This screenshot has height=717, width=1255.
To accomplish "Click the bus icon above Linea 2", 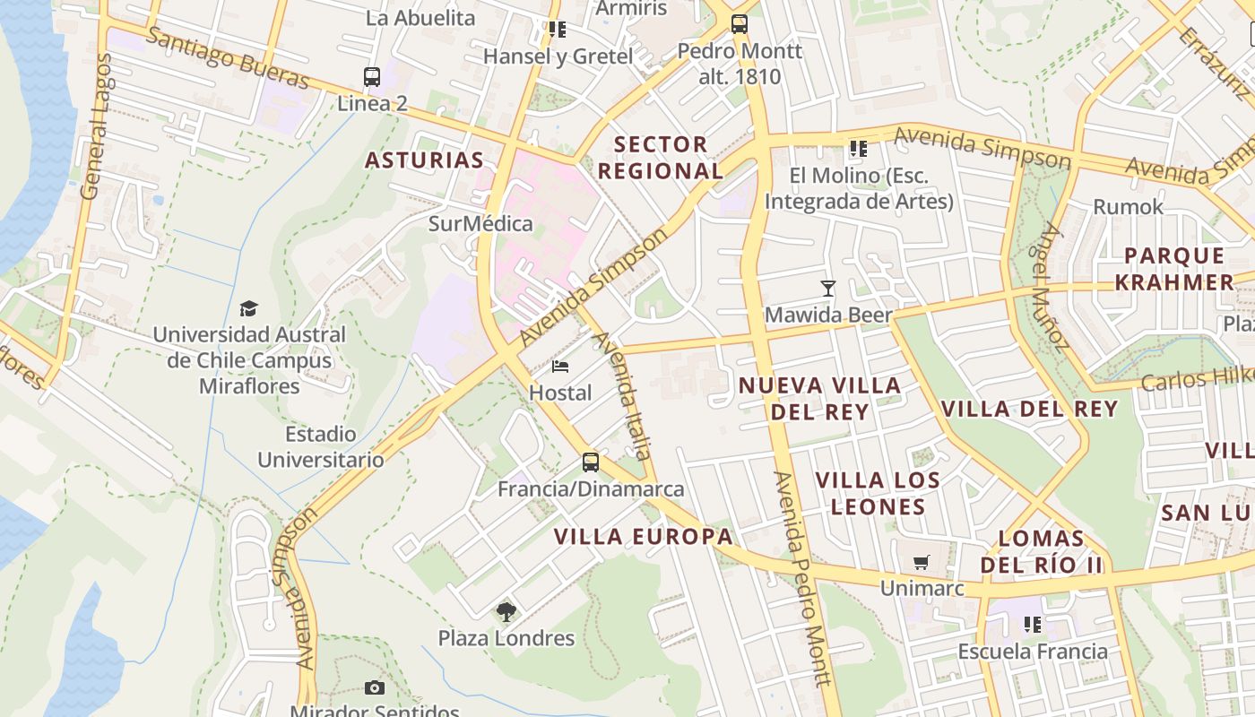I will coord(372,77).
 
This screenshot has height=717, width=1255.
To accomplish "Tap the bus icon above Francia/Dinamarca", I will coord(590,462).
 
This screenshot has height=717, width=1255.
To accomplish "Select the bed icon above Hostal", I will coord(560,367).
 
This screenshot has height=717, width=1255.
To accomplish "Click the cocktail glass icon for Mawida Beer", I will coord(828,289).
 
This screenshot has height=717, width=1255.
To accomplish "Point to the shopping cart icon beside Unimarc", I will coord(921,563).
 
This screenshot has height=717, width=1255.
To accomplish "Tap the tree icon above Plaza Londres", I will coord(506,612).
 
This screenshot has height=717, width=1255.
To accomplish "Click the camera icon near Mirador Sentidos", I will coord(375,688).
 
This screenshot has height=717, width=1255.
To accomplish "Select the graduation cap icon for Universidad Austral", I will coord(248,308).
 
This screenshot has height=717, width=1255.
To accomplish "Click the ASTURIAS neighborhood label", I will coord(424,160).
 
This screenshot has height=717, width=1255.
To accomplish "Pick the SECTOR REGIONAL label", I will coord(661,157).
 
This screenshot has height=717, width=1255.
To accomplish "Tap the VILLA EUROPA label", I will coord(643,537).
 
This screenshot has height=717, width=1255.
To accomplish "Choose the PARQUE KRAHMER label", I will coord(1179,269).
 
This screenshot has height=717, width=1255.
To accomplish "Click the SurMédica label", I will coord(480,223).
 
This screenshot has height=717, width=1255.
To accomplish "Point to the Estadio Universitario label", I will coord(321,446).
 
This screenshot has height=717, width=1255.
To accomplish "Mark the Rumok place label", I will coord(1128,207).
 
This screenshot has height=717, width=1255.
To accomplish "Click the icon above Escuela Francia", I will coord(1033,624).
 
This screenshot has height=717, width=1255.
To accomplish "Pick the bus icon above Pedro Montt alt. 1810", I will coord(740,24).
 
